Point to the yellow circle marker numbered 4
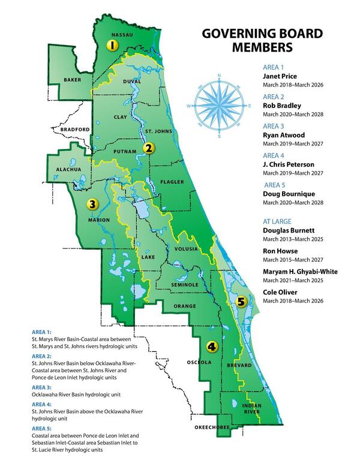click(x=211, y=346)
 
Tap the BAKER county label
click(x=73, y=79)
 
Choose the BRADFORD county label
click(x=74, y=129)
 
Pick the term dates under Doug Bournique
click(x=296, y=204)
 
